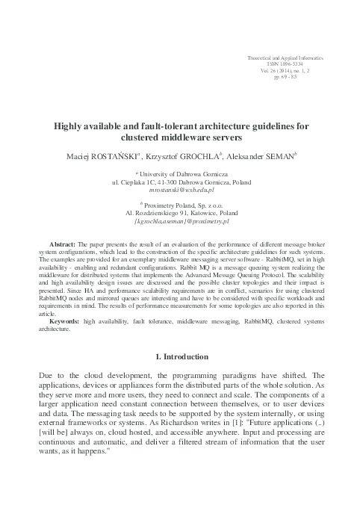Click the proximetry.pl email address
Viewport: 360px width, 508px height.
(180, 221)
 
